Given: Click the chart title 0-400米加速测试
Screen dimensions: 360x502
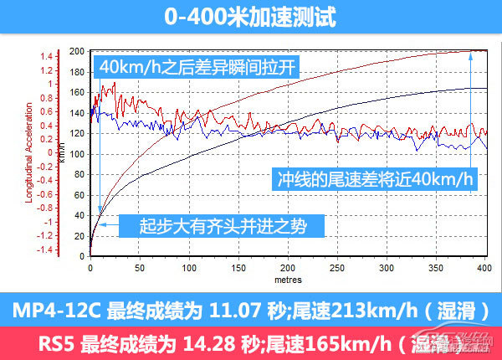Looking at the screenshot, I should click(x=251, y=17).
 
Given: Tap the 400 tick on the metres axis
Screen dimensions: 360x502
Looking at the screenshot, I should click(x=483, y=268).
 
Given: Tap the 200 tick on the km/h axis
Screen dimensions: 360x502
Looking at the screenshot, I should click(x=78, y=51).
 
